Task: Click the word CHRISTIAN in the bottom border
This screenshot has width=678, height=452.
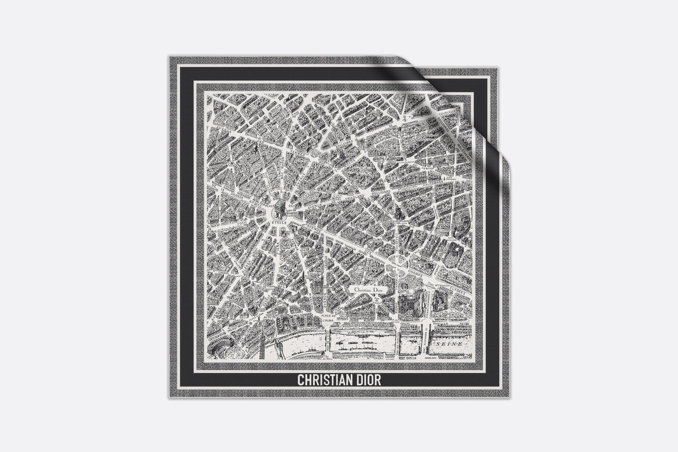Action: [x=322, y=379]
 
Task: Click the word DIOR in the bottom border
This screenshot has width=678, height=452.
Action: [x=367, y=379]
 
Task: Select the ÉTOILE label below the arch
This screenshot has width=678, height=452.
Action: [x=281, y=220]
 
